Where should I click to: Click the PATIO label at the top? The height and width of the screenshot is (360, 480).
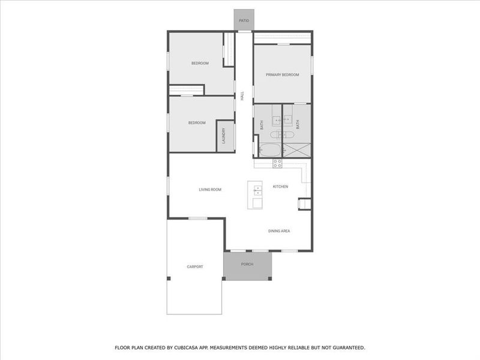(x=244, y=20)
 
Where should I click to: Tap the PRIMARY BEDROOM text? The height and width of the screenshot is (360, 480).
(x=283, y=74)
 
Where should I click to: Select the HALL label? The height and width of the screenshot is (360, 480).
(x=242, y=95)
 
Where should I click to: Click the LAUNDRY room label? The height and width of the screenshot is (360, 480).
(x=223, y=137)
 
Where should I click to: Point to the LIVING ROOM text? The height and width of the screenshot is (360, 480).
(x=210, y=190)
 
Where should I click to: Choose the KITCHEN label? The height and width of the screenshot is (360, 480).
(x=280, y=187)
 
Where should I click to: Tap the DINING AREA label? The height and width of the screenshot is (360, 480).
(x=279, y=230)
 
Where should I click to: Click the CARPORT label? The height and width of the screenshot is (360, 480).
(x=195, y=266)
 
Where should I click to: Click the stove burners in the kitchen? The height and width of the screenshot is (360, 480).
(x=277, y=162)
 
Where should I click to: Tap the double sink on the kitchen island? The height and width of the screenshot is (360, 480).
(x=257, y=190)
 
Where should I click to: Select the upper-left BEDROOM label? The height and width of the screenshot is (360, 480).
(x=200, y=63)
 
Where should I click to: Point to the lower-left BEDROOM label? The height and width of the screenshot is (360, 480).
(x=197, y=123)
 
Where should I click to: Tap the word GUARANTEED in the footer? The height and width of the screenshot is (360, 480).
(x=346, y=347)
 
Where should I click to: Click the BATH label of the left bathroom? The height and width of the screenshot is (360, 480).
(x=262, y=125)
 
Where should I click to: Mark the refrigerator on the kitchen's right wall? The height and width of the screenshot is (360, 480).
(x=304, y=205)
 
